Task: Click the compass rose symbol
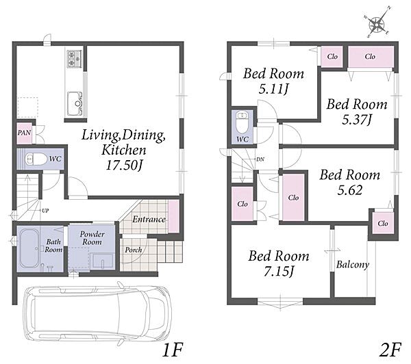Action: pos(377,23)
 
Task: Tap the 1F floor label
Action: pos(173,350)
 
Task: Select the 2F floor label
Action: pos(390,350)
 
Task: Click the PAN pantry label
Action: pos(24,133)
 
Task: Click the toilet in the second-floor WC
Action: pos(242,122)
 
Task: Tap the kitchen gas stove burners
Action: pos(74,59)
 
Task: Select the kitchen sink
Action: pos(75,103)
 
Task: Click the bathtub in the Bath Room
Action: pos(28,248)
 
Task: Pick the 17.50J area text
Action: pos(124,166)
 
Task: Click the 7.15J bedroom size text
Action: pos(278,272)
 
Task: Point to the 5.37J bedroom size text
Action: pos(357,120)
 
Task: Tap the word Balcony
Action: pos(353,265)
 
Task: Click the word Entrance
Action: pos(149,219)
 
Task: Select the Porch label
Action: pos(134,250)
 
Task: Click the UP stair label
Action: pos(45,210)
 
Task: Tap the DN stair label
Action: pos(260,159)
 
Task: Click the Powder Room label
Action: pos(92,238)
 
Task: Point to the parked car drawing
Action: pos(97,313)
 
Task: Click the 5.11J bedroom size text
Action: pos(273,90)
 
